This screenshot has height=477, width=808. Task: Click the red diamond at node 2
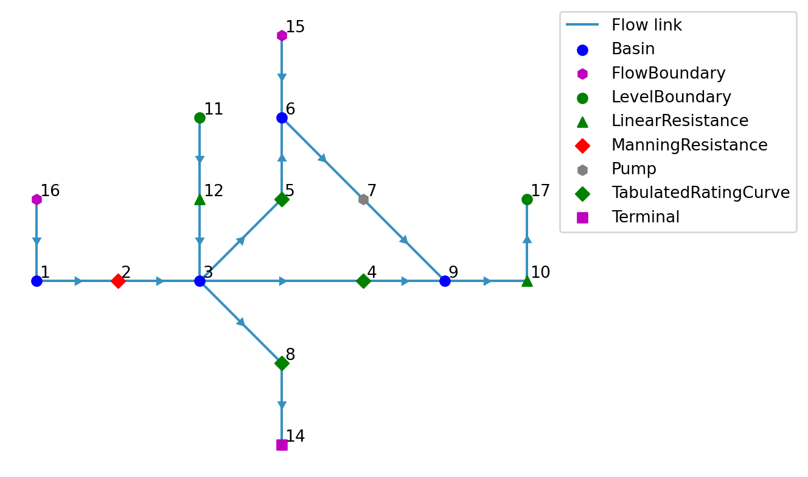(118, 281)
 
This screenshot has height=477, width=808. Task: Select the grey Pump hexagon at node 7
(363, 199)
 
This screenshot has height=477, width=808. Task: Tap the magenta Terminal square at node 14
(282, 445)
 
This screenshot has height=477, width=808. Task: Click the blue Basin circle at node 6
(282, 118)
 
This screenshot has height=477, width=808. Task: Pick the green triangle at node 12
(200, 199)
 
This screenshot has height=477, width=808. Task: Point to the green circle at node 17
(527, 199)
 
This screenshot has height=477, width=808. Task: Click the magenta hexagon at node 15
(282, 35)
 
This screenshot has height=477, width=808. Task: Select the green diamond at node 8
(282, 363)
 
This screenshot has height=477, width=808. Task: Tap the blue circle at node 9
(445, 281)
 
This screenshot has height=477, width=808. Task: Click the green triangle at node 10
(527, 280)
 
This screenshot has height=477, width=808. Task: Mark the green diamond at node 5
(282, 199)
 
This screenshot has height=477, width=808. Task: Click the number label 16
(50, 191)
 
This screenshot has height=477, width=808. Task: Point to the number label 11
(214, 110)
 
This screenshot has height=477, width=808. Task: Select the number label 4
(372, 273)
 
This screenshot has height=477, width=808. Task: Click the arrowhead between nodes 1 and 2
(78, 281)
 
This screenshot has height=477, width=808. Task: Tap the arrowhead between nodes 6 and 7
(322, 158)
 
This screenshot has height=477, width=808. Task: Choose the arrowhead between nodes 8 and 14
(282, 405)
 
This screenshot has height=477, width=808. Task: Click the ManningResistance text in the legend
(689, 146)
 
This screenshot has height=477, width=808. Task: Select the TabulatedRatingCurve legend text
(700, 193)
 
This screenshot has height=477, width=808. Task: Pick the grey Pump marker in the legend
(582, 170)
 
